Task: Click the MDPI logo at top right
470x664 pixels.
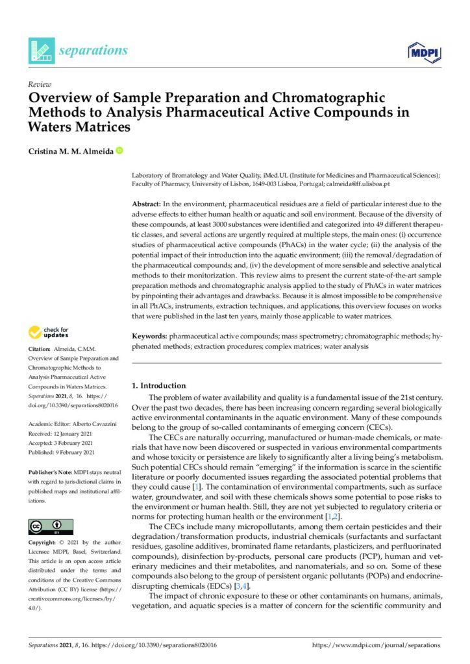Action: point(425,51)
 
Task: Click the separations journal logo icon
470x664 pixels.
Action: point(40,51)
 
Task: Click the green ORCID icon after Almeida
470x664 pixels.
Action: point(119,152)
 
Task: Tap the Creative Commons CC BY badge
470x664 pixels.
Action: point(51,527)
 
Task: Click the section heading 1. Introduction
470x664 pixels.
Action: point(158,385)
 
